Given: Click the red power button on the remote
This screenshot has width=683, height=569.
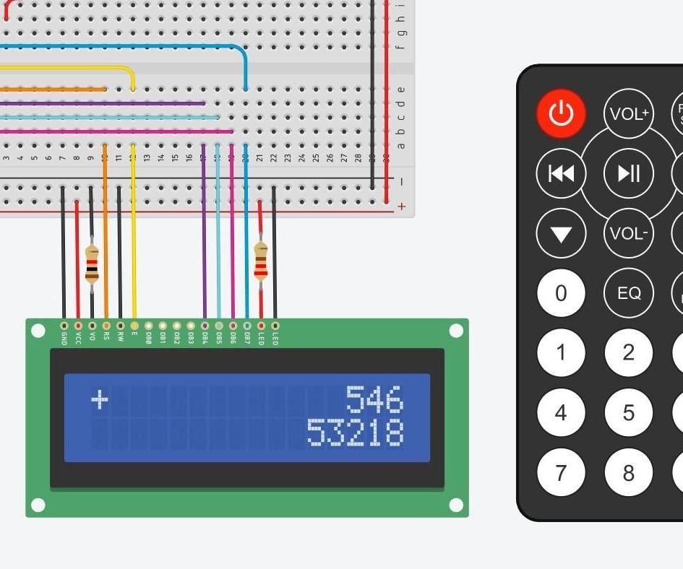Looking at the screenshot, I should [561, 113].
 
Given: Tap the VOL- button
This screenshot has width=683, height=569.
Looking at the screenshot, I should [628, 233].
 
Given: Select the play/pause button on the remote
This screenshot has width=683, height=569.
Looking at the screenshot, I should [628, 173].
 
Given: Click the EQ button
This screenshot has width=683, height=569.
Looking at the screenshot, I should [628, 293].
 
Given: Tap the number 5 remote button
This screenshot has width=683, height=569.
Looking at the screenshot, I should [628, 413].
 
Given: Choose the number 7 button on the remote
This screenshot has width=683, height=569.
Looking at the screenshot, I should [561, 473].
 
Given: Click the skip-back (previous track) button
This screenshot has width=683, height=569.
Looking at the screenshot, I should [561, 173].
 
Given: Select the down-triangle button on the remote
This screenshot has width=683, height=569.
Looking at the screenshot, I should [561, 233].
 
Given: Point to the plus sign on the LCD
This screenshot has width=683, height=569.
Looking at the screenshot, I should [100, 399].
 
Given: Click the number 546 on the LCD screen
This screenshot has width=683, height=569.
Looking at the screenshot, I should [374, 399].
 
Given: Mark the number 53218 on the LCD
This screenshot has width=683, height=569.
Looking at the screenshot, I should [354, 432].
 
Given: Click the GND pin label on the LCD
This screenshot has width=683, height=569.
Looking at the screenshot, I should [64, 337].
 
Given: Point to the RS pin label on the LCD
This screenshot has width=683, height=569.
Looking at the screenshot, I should [106, 336].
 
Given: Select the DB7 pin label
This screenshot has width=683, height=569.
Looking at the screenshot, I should [246, 337].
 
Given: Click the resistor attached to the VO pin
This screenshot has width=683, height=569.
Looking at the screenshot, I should [92, 264].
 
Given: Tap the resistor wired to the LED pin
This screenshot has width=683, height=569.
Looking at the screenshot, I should [261, 261].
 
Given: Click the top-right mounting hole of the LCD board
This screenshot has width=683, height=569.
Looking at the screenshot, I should [455, 331].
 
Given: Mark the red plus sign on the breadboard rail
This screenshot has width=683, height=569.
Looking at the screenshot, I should [401, 207].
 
